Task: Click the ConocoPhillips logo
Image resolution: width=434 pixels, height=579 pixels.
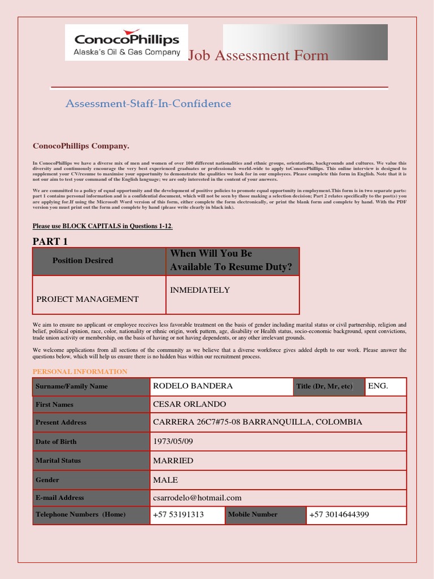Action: (x=127, y=43)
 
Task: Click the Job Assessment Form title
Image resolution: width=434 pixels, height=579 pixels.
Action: (x=258, y=55)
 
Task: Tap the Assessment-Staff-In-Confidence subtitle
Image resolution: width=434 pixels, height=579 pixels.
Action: (x=148, y=104)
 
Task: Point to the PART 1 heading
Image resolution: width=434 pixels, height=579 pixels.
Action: (x=50, y=241)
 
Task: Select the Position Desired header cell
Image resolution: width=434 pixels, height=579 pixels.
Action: (x=83, y=261)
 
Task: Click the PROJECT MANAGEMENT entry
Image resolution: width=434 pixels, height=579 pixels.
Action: (x=88, y=299)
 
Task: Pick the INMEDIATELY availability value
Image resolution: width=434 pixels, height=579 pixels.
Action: (x=200, y=290)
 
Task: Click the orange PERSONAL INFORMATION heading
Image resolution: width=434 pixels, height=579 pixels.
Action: (x=80, y=371)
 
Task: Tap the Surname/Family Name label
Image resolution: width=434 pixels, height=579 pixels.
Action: (x=71, y=387)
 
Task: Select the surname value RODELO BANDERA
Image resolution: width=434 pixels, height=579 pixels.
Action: (x=193, y=386)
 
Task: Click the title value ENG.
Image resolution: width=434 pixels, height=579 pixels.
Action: (x=378, y=386)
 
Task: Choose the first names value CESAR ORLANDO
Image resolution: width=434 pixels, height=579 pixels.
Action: (x=189, y=404)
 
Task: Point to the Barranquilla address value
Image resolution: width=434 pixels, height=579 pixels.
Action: (x=258, y=422)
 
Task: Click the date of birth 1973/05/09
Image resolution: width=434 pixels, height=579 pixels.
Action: (x=173, y=442)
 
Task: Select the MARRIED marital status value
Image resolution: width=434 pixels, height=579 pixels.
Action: (x=173, y=461)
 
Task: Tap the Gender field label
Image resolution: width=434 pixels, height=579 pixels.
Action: (x=47, y=480)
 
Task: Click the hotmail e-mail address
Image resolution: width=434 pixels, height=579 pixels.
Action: (x=197, y=498)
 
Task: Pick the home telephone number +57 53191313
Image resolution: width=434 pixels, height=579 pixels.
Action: (x=178, y=515)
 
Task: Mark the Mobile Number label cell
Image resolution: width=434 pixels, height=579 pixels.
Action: (x=253, y=515)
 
